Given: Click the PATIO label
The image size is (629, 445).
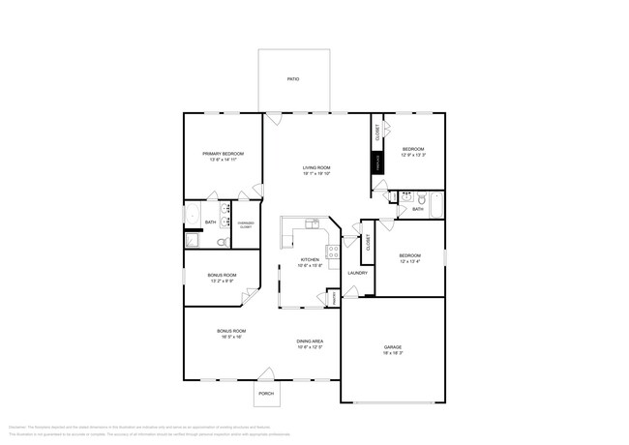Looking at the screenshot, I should [292, 79].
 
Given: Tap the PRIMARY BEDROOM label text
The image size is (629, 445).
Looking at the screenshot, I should [223, 154].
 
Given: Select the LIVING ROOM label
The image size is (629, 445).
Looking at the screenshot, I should [316, 168].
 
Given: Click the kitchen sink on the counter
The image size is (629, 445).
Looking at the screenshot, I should [312, 224].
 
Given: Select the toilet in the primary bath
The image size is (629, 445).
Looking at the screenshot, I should [222, 242].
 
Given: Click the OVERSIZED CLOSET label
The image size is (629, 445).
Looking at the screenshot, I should [246, 224].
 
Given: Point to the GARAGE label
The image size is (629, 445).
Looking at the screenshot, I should [392, 347].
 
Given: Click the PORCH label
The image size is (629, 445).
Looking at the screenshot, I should [266, 394].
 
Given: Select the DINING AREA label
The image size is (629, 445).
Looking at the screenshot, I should [310, 341].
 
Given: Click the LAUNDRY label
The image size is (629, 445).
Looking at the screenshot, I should [356, 273].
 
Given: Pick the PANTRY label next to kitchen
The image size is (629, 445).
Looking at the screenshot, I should [334, 299].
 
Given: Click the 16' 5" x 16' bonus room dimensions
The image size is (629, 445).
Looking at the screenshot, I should [230, 338].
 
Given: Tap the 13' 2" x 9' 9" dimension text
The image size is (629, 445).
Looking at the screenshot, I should [222, 282].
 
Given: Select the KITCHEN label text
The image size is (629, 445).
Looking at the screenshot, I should [310, 259].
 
